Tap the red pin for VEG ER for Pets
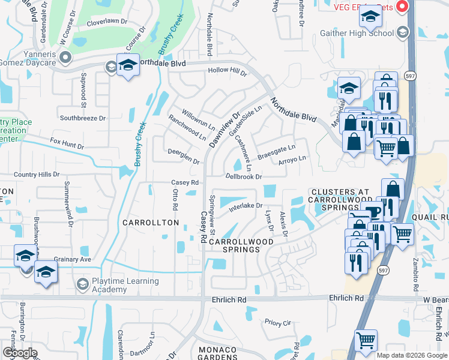coord(403,7)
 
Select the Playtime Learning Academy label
coord(118,285)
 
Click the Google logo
coord(20,353)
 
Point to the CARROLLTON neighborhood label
coord(151,223)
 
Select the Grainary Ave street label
coord(73,259)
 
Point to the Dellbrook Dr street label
coord(244,176)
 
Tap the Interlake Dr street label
coord(246,207)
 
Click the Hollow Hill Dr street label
coord(228,72)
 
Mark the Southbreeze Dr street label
coord(82,118)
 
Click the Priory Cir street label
coord(277,323)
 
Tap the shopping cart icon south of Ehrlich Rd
coord(365,340)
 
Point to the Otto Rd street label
coord(175,199)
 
